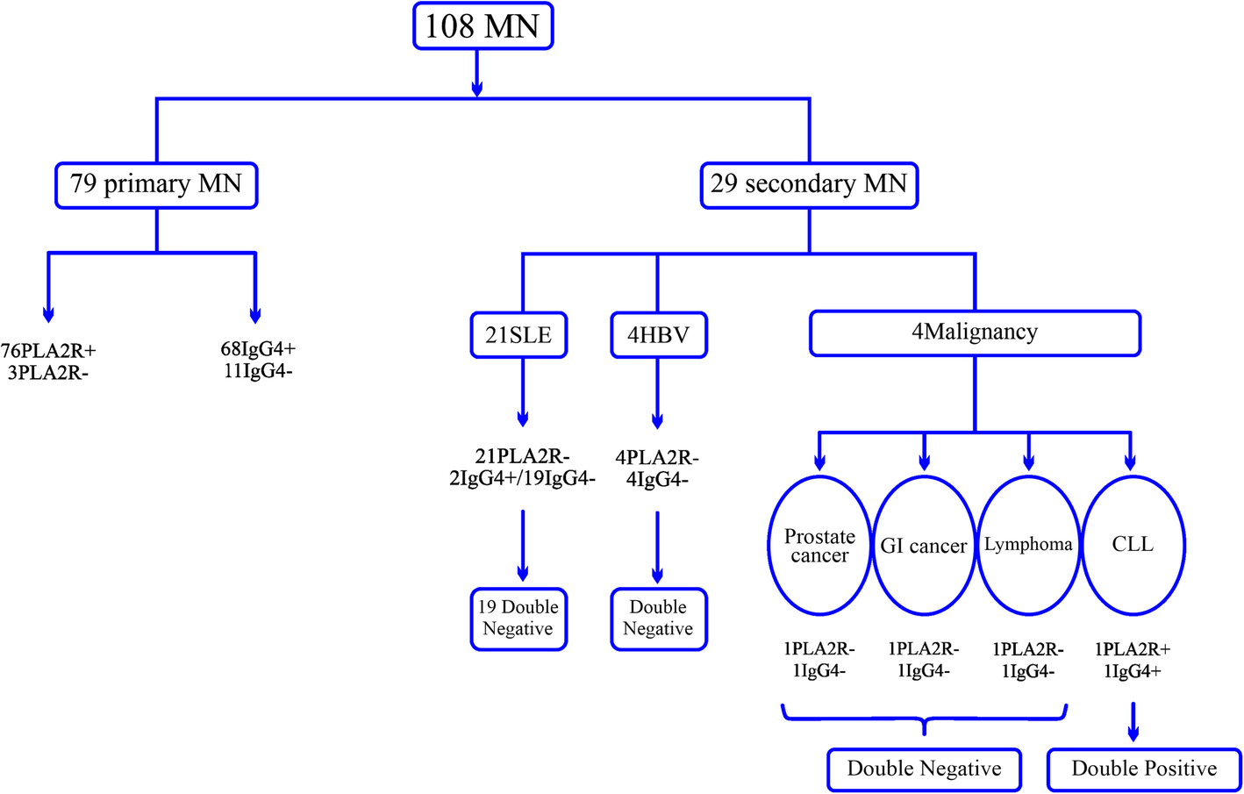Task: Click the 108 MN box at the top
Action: (x=483, y=26)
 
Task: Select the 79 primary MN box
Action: (x=156, y=184)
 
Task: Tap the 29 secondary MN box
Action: (x=809, y=184)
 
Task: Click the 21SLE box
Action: (x=518, y=335)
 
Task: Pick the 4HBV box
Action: (x=658, y=335)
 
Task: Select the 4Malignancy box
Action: (x=974, y=333)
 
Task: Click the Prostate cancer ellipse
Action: (x=819, y=546)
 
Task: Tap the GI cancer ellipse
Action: (x=924, y=546)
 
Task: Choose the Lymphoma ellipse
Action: (x=1028, y=546)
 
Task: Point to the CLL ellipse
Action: (x=1133, y=546)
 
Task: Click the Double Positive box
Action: (x=1144, y=769)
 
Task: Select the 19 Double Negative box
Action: (x=518, y=619)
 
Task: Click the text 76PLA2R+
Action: (x=48, y=351)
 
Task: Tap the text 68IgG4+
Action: (x=258, y=349)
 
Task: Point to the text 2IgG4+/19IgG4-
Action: (x=522, y=479)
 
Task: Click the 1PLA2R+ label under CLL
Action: (x=1132, y=649)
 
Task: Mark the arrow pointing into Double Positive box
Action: (x=1133, y=722)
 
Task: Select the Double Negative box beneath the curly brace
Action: (x=924, y=769)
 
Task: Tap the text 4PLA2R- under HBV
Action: (x=657, y=458)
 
